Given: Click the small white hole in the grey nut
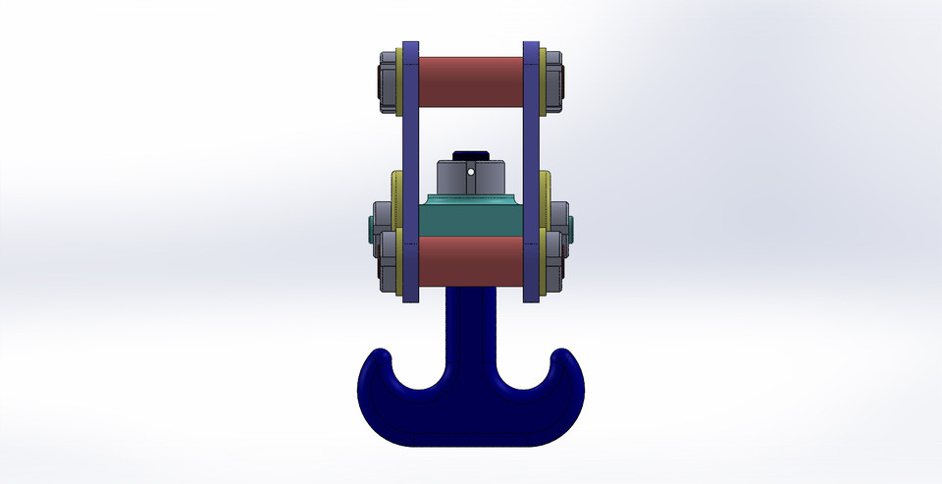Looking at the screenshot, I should [x=471, y=172].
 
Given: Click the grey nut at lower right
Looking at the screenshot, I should [x=555, y=259].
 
